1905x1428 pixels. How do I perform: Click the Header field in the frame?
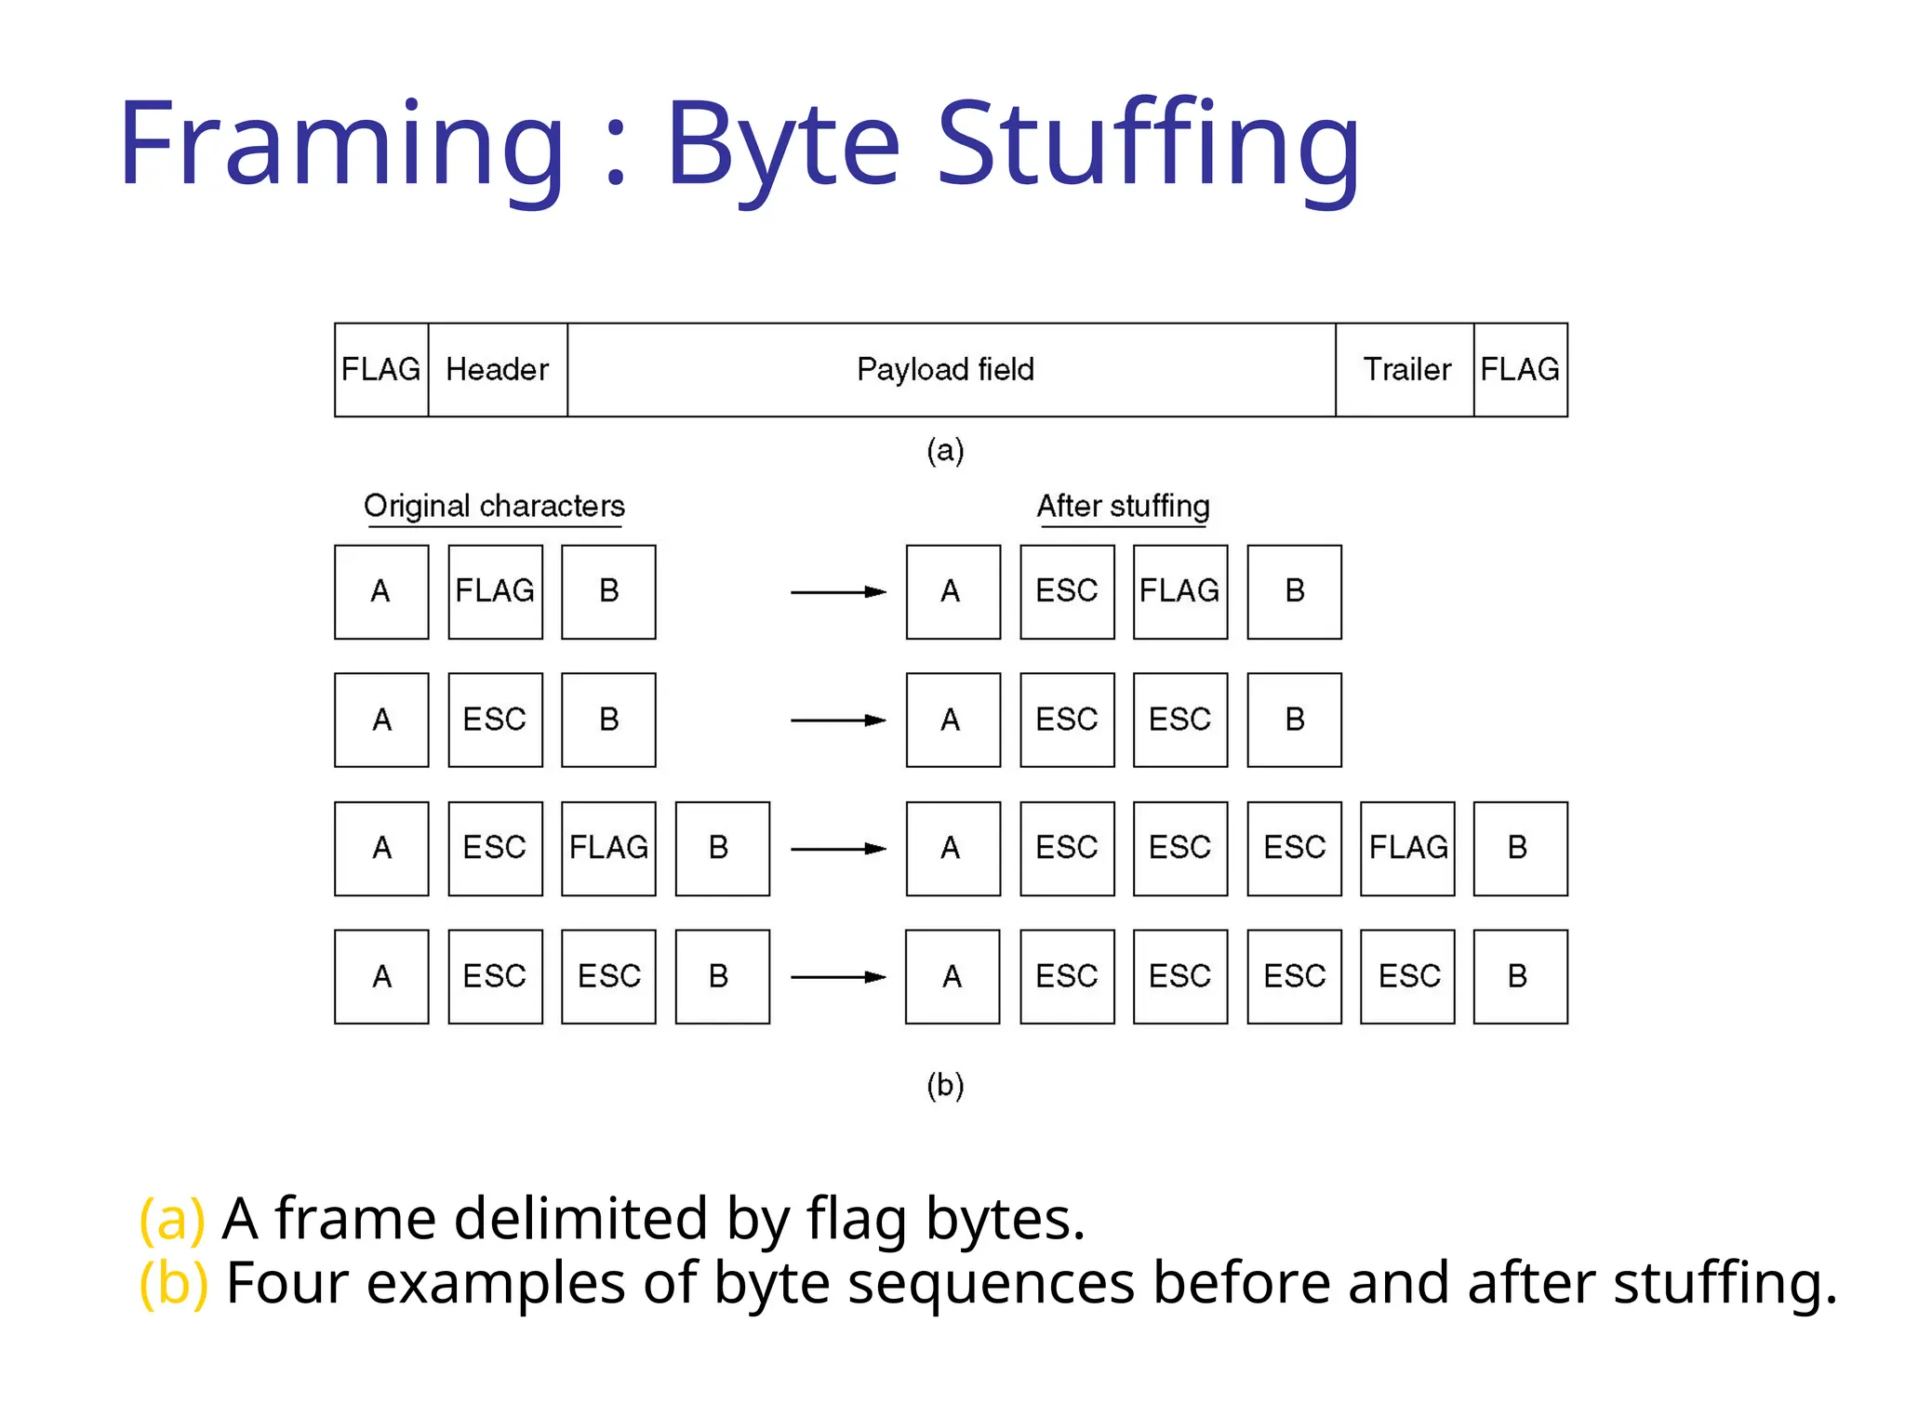[x=498, y=370]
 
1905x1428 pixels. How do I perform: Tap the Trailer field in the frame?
[x=1405, y=370]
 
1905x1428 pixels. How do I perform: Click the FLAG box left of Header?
[x=381, y=370]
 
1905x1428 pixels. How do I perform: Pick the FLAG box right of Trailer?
[x=1520, y=370]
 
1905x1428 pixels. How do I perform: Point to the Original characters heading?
[x=494, y=506]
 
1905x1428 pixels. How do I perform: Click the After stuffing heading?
[x=1123, y=506]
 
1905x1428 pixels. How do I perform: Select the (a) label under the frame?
[x=945, y=450]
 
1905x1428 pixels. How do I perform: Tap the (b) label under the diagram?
[x=945, y=1085]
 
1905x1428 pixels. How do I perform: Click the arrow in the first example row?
[x=837, y=592]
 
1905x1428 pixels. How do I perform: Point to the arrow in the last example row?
[x=837, y=977]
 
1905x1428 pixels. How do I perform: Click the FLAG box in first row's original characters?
[x=495, y=592]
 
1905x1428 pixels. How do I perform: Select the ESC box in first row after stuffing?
[x=1067, y=592]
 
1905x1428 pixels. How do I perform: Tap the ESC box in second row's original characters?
[x=495, y=721]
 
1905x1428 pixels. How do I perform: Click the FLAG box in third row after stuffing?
[x=1407, y=849]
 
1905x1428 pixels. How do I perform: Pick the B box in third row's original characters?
[x=722, y=849]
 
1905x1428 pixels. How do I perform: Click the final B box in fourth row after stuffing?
[x=1520, y=977]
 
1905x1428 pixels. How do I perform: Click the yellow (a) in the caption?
[x=171, y=1219]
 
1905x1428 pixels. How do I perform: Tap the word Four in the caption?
[x=286, y=1284]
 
